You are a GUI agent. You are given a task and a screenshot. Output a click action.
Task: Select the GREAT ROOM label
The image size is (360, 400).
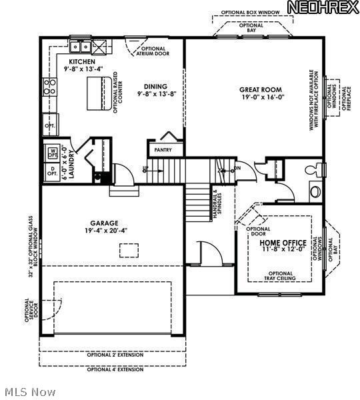(262, 89)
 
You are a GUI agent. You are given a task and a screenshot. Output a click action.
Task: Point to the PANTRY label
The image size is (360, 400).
(163, 150)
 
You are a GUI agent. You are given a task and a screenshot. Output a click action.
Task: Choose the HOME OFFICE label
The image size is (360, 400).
(283, 243)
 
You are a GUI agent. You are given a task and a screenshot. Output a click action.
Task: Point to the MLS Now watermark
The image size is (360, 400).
(29, 391)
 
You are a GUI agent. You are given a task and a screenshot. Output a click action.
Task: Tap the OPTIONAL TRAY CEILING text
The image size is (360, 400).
(280, 276)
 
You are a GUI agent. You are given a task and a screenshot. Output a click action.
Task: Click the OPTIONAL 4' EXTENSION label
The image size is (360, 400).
(115, 369)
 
